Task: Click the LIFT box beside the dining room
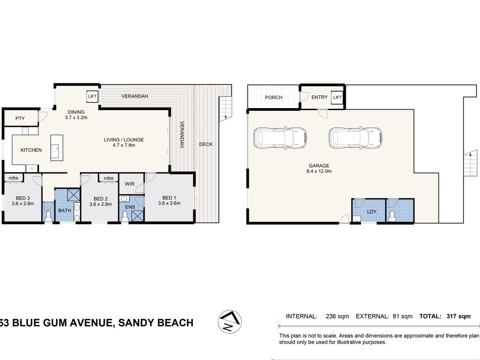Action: (92, 97)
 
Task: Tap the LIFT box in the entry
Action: (337, 97)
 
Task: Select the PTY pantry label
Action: (20, 118)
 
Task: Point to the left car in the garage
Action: (280, 138)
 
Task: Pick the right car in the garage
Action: (355, 138)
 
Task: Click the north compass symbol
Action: (230, 322)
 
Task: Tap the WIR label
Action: (130, 184)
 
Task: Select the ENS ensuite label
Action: (130, 207)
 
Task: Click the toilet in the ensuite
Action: (125, 215)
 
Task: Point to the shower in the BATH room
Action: (73, 195)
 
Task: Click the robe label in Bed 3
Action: (13, 178)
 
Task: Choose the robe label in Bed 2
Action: (109, 178)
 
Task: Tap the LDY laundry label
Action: (372, 212)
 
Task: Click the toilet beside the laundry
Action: (392, 216)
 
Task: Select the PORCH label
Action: (274, 98)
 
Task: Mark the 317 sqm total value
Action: (458, 316)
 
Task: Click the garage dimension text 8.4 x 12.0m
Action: (319, 171)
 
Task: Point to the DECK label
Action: (206, 144)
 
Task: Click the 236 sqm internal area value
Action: (338, 316)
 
